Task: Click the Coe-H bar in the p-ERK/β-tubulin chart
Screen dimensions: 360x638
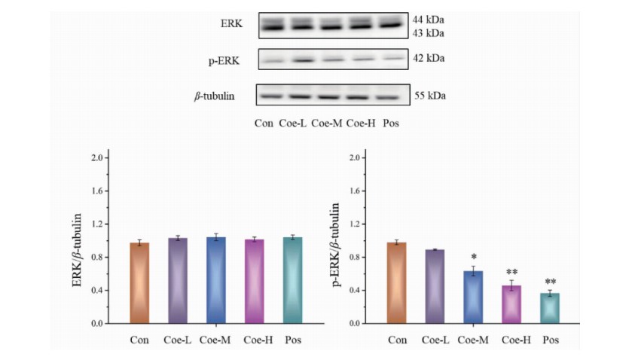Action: pos(511,304)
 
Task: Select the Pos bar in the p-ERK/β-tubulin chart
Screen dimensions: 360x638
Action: pos(551,308)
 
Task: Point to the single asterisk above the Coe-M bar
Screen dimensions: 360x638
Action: pos(472,257)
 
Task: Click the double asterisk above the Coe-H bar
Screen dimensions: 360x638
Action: pos(511,272)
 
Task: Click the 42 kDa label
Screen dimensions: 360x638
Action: pos(429,59)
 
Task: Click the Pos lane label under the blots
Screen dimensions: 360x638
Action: pos(390,122)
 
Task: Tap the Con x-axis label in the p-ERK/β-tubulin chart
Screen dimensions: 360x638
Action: pos(398,340)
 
